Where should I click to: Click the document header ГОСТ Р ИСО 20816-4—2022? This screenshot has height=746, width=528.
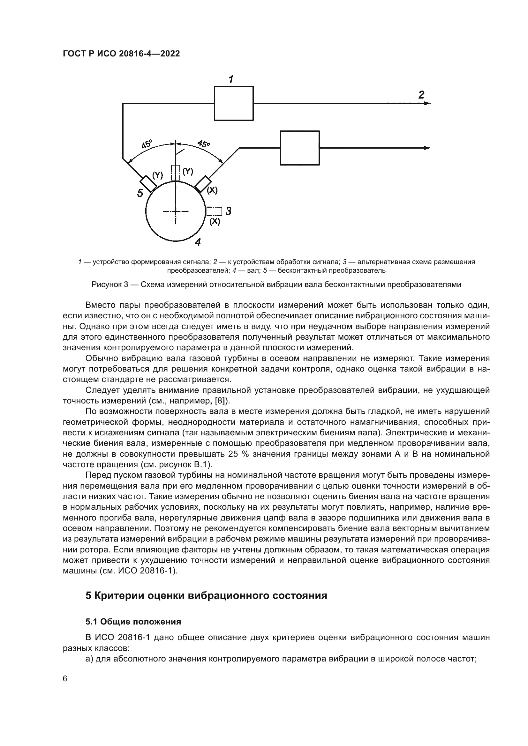[x=121, y=54]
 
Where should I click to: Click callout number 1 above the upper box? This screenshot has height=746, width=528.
[x=231, y=79]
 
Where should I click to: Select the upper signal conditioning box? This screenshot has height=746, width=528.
[x=233, y=103]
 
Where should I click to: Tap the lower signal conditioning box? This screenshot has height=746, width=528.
[x=300, y=148]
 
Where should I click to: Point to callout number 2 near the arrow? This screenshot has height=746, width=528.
[x=421, y=95]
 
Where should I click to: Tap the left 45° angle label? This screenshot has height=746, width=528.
[x=147, y=144]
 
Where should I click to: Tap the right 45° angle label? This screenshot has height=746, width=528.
[x=204, y=144]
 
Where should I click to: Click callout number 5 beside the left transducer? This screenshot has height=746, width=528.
[x=140, y=193]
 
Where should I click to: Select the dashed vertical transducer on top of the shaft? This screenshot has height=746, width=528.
[x=176, y=173]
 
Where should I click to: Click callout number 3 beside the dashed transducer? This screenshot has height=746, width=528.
[x=228, y=211]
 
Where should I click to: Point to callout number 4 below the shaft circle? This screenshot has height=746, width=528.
[x=198, y=242]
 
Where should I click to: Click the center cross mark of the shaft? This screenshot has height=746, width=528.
[x=176, y=211]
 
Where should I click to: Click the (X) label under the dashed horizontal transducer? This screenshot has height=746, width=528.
[x=215, y=222]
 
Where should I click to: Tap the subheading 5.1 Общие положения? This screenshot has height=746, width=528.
[x=133, y=622]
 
